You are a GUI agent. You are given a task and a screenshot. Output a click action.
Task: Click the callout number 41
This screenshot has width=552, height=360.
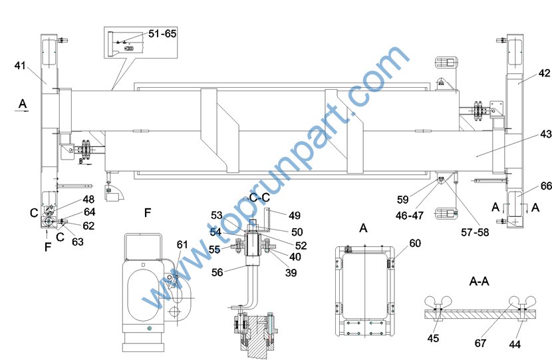[x=20, y=65]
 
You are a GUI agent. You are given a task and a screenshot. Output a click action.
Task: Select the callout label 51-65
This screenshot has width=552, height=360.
[x=162, y=34]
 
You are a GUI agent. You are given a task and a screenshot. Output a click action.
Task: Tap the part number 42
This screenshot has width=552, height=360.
[x=544, y=73]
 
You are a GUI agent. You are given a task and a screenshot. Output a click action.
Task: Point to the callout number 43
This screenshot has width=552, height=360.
[x=546, y=134]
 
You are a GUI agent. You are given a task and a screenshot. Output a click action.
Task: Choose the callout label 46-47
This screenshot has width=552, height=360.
[x=410, y=215]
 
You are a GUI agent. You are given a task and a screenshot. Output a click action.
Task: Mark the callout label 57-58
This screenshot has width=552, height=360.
[x=475, y=232]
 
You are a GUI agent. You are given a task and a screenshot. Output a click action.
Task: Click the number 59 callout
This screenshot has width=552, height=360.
[x=403, y=200]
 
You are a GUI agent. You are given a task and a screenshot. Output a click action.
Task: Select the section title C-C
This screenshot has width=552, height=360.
[x=260, y=197]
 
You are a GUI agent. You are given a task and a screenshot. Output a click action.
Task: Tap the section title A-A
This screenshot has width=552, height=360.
[x=479, y=281]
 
